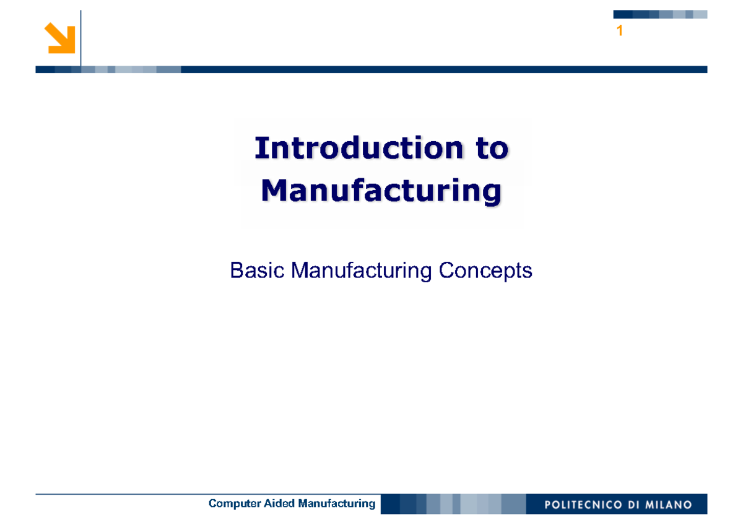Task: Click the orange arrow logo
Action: pos(60,38)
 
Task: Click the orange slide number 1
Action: pos(619,31)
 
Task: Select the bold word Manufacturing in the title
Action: pos(381,191)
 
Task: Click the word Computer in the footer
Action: pos(230,503)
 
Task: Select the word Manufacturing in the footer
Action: pos(336,503)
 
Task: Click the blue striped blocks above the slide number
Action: pos(660,14)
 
